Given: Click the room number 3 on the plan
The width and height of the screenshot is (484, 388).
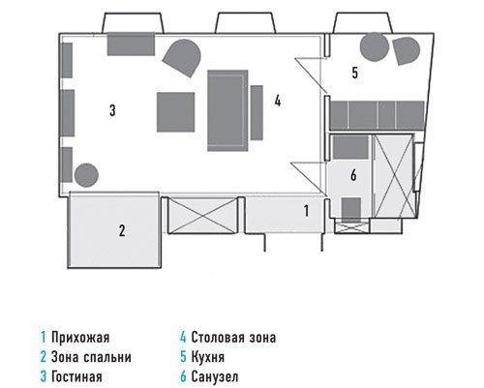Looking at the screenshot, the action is click(112, 110).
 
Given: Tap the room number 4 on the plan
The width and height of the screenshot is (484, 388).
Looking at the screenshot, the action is click(278, 101).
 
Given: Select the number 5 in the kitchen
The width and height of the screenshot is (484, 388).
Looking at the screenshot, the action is click(355, 73).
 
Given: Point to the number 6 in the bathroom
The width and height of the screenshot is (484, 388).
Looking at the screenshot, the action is click(353, 175).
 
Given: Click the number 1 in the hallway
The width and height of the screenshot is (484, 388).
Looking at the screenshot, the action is click(306, 211).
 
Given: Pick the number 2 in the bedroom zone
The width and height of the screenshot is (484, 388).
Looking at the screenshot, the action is click(122, 231).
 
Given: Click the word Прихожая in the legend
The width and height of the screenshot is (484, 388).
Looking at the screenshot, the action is click(80, 338).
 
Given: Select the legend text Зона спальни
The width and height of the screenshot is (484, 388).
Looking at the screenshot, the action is click(91, 357).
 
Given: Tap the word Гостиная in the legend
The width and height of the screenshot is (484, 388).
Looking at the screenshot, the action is click(76, 376).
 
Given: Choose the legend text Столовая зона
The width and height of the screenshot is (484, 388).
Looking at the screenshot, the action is click(233, 338).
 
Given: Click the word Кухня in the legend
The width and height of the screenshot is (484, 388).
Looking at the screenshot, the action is click(207, 357).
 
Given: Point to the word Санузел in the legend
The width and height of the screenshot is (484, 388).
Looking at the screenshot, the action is click(215, 376).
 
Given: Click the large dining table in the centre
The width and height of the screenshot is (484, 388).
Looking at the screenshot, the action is click(227, 110).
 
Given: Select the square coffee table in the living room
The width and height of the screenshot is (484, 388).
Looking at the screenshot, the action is click(176, 112).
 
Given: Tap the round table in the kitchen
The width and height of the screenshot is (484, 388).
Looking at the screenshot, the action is click(375, 47).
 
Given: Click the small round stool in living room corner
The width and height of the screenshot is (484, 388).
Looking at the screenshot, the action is click(86, 175).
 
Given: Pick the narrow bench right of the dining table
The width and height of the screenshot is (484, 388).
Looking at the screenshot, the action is click(257, 112).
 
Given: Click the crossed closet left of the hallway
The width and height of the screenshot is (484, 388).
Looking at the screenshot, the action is click(201, 215).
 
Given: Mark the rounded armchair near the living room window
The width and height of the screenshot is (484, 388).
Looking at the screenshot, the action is click(182, 57).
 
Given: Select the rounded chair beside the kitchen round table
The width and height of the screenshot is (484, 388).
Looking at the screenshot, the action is click(406, 50).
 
